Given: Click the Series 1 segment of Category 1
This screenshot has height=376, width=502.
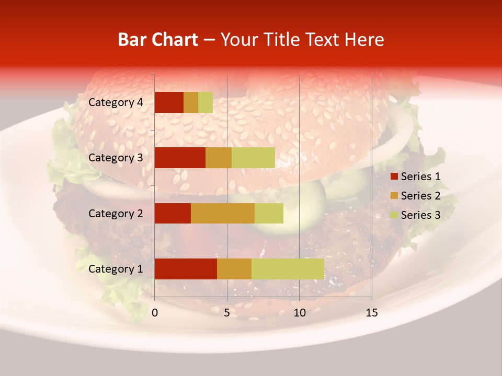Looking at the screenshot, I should pos(186,268).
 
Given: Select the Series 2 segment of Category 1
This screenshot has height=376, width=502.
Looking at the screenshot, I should pos(234,268).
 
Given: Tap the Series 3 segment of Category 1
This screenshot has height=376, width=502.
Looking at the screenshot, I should pos(288,268).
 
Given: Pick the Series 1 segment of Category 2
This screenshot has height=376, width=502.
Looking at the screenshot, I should pos(173,213).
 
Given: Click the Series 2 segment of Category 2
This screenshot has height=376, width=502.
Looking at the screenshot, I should pos(223,213).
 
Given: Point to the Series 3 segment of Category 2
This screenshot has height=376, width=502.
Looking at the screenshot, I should pos(269,213).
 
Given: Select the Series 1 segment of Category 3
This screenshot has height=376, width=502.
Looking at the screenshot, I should pos(180,158).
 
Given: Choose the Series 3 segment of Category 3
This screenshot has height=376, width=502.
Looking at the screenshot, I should pos(253,158).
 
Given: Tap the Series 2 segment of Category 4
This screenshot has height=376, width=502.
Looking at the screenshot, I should pos(191,102).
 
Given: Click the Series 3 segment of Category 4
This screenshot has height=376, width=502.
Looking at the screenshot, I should pos(206,102).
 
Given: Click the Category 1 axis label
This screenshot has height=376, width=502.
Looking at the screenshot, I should pos(115,269).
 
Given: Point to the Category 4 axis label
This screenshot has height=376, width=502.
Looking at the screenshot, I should pos(115,102).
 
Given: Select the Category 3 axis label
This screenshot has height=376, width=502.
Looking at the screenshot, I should pos(115,158).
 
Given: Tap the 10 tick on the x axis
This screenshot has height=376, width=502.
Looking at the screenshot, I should pos(299,313).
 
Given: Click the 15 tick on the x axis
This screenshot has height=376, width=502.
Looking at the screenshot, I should pos(372,313).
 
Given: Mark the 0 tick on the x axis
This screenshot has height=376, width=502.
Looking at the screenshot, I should pos(155,313).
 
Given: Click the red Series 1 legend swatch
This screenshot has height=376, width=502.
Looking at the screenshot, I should pos(394,177).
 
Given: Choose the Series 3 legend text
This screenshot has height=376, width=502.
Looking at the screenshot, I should pos(420,215).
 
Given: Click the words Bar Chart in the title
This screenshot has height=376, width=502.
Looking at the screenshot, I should pos(158,40).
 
